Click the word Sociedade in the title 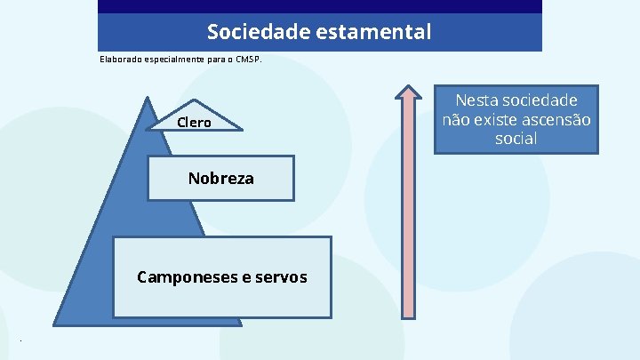pyautogui.click(x=249, y=33)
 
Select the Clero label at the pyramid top pyautogui.click(x=194, y=123)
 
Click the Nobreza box pyautogui.click(x=220, y=179)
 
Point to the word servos pyautogui.click(x=281, y=277)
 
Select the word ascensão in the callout pyautogui.click(x=555, y=120)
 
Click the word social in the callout pyautogui.click(x=516, y=140)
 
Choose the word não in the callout pyautogui.click(x=457, y=120)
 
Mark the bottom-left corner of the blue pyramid pyautogui.click(x=56, y=323)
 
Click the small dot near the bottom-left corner pyautogui.click(x=20, y=341)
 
